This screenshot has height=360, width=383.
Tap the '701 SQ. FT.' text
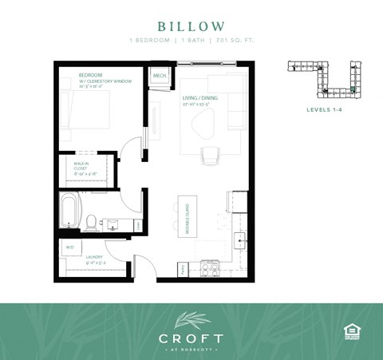(x=235, y=41)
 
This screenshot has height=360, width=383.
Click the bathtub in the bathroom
(x=70, y=212)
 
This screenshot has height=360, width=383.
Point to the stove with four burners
(x=211, y=269)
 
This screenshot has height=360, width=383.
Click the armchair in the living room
(x=211, y=156)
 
